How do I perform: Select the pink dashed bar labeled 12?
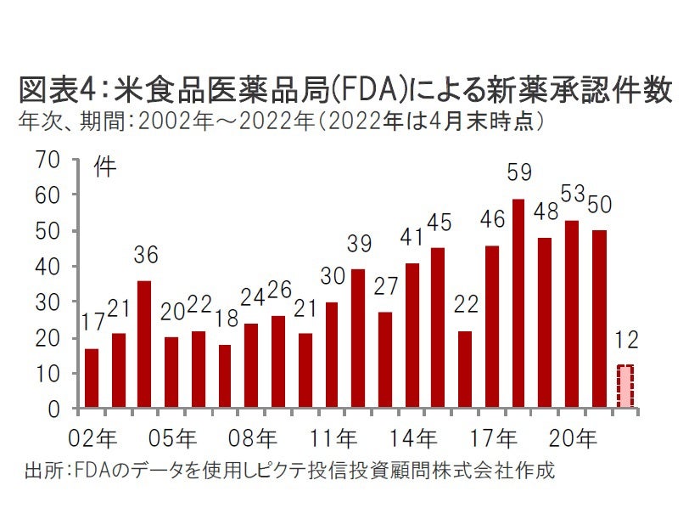624,387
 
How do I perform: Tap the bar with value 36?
144,344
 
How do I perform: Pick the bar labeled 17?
92,378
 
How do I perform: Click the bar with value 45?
438,328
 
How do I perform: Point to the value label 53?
574,194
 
